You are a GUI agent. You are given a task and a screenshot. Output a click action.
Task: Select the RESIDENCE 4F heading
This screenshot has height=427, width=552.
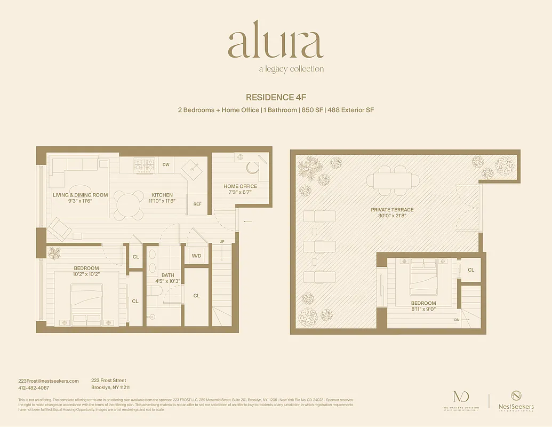[276, 97]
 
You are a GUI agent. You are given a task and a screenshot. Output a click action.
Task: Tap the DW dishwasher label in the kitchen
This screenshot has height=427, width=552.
[166, 165]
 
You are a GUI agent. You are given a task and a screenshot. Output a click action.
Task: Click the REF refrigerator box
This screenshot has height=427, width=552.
[197, 204]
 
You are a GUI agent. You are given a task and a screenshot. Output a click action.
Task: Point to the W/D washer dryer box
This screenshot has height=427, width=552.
[196, 256]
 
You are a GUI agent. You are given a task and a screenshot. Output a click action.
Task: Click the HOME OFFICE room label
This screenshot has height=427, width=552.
[240, 186]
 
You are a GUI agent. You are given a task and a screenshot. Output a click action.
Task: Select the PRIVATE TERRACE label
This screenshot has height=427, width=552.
[392, 210]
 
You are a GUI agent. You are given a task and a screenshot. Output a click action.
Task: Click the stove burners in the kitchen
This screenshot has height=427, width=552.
[143, 165]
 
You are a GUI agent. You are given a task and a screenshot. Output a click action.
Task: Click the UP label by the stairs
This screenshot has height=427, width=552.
[222, 242]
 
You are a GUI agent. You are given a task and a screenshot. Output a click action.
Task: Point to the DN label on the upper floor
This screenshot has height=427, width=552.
[457, 320]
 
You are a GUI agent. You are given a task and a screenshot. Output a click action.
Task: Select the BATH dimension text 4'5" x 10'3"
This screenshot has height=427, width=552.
[167, 281]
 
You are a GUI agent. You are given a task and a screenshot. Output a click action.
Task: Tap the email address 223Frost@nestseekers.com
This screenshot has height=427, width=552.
[49, 381]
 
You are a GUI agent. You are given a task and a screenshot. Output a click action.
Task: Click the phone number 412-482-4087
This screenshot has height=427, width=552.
[34, 388]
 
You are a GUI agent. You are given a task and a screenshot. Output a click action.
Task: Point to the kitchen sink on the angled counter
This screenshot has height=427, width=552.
[192, 168]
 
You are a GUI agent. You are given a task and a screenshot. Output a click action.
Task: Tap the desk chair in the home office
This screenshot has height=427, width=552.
[252, 167]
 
